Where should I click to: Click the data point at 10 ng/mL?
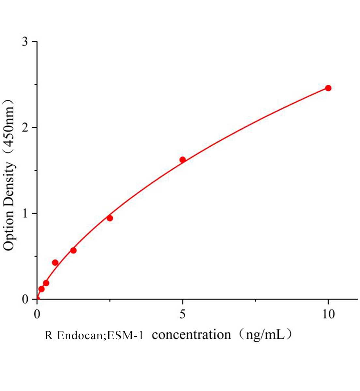click(328, 88)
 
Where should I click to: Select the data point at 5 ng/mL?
click(183, 160)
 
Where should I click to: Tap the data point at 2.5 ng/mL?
click(110, 218)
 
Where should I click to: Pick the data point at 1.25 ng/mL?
click(73, 250)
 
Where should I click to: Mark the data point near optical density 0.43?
click(55, 263)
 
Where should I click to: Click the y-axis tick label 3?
click(25, 42)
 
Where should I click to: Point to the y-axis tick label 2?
click(25, 128)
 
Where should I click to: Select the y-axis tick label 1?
click(25, 213)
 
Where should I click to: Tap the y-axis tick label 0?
click(25, 299)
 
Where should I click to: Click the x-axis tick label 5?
click(183, 314)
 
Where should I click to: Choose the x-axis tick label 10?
click(328, 314)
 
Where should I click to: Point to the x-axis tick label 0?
click(37, 314)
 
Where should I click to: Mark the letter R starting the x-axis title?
click(49, 335)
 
